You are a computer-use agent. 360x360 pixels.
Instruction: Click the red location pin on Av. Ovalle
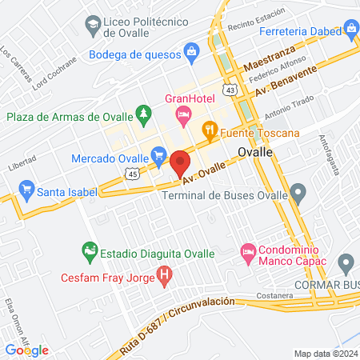coord(180,164)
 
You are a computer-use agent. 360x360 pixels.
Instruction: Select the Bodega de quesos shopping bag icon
coord(191,53)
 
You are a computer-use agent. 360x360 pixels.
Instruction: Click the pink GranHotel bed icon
coord(183,115)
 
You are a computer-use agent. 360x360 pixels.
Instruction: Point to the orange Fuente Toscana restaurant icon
coord(209,128)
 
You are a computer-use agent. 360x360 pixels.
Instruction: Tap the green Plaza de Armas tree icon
coord(143,114)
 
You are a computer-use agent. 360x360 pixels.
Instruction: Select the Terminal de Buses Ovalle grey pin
coord(298,192)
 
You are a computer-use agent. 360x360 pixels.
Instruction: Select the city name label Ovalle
coord(256,151)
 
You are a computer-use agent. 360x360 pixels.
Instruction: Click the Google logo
coord(26,350)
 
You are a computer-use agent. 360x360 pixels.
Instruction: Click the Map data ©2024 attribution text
coord(325,354)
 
